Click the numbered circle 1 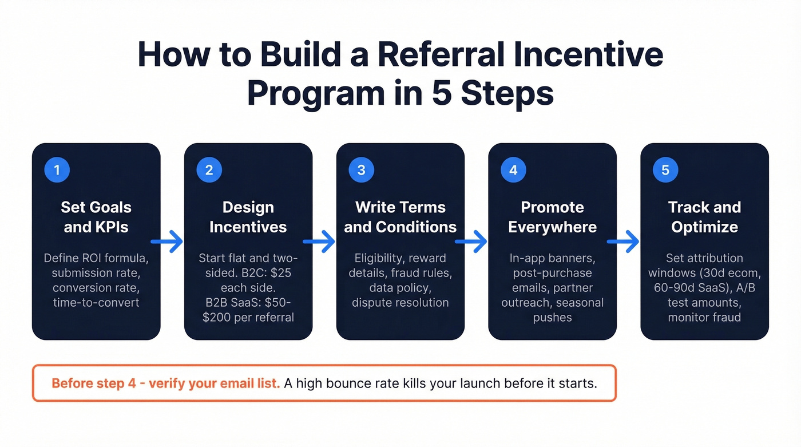click(57, 169)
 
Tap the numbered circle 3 click(361, 169)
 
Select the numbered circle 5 click(665, 169)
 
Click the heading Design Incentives click(248, 217)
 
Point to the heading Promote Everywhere click(552, 217)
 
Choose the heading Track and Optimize click(704, 217)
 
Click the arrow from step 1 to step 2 click(167, 242)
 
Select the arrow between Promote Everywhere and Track click(623, 242)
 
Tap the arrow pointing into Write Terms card click(319, 242)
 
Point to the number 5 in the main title click(442, 93)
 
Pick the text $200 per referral click(248, 317)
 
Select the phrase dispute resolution click(400, 302)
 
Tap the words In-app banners click(552, 258)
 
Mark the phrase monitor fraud click(704, 317)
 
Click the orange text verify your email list click(215, 383)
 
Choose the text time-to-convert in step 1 click(96, 302)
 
